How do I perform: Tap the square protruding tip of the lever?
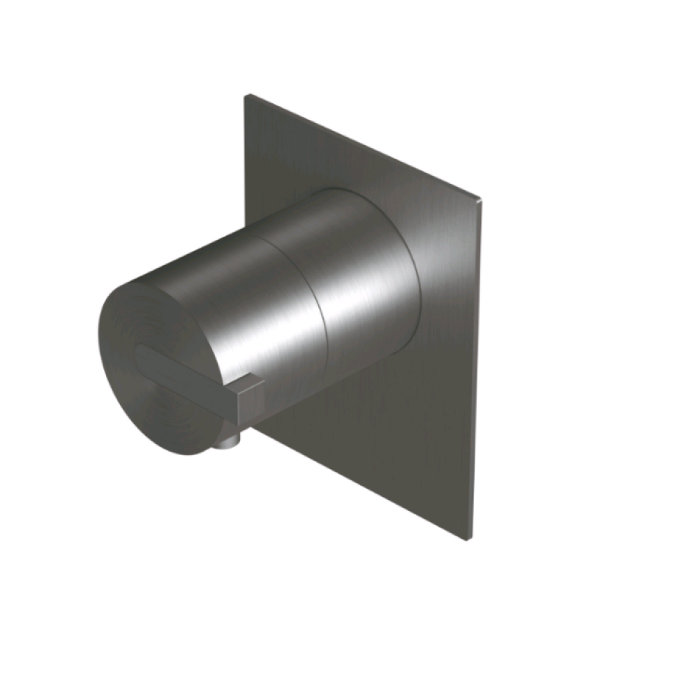pos(251,399)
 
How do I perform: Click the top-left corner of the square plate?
pos(246,96)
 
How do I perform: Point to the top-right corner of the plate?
pos(481,200)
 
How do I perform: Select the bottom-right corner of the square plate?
pos(464,538)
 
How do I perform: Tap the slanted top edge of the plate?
pos(363,147)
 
